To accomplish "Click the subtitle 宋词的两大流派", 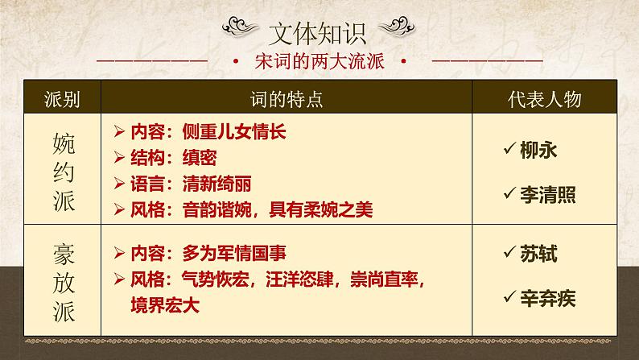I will point(319,61).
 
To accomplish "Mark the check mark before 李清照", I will point(507,192).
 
